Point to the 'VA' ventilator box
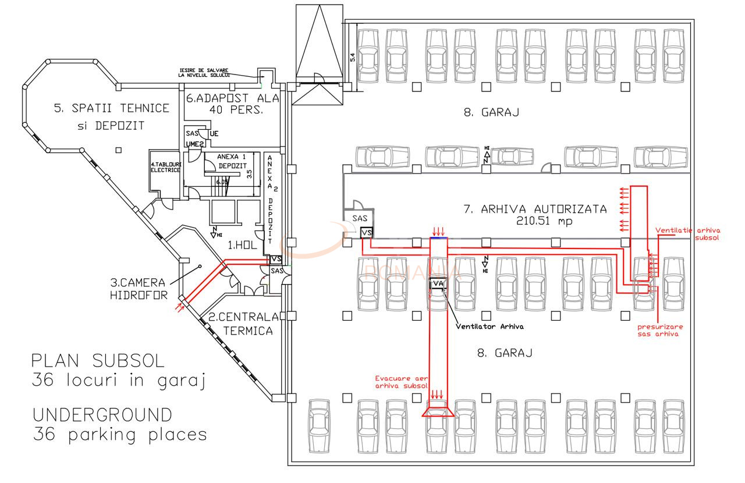[x=437, y=284]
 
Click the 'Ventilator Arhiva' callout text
[x=489, y=326]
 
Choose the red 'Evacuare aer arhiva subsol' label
[x=402, y=381]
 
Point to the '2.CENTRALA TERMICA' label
[x=240, y=324]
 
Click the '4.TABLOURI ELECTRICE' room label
[x=166, y=168]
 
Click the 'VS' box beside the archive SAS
[x=366, y=233]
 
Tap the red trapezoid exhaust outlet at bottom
[x=438, y=412]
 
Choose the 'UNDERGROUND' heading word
[x=102, y=415]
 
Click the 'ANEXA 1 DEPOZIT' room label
[x=232, y=161]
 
